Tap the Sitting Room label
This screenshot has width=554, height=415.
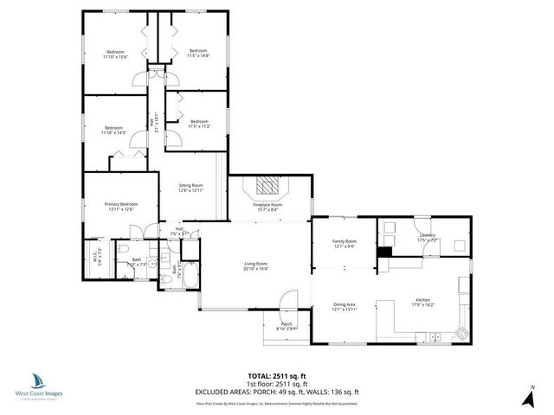(190, 185)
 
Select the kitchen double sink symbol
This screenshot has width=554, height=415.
(437, 336)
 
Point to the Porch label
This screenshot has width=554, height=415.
(287, 324)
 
